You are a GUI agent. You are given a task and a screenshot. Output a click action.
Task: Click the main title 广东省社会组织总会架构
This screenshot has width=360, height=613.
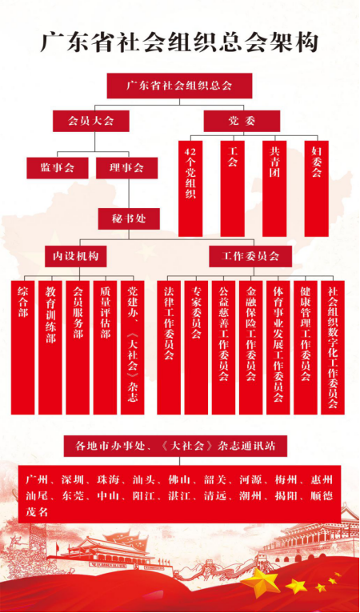(x=179, y=42)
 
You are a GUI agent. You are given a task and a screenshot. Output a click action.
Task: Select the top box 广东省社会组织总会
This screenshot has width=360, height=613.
(x=179, y=86)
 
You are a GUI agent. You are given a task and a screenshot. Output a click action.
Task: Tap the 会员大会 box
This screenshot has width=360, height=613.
(x=91, y=121)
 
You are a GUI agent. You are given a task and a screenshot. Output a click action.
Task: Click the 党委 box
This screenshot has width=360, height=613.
(x=242, y=121)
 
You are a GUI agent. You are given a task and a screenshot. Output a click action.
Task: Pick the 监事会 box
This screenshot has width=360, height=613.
(x=58, y=168)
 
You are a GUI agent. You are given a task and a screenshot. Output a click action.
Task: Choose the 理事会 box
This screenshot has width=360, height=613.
(x=127, y=168)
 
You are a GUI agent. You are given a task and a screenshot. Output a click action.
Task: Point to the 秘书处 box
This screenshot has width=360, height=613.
(x=129, y=218)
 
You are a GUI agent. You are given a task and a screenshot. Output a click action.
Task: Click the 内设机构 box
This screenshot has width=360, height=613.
(x=76, y=256)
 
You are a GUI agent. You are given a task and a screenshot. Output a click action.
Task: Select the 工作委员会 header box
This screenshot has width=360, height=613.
(x=250, y=256)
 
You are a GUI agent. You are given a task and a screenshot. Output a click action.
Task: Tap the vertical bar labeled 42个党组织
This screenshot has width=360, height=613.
(x=190, y=188)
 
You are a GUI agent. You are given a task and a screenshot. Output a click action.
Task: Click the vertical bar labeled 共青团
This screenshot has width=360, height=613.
(x=274, y=188)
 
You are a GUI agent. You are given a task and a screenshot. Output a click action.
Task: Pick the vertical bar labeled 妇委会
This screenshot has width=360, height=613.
(x=317, y=188)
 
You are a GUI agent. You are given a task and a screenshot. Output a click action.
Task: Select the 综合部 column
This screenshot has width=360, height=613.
(x=22, y=347)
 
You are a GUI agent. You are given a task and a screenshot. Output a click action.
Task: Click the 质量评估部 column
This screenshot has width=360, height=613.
(x=105, y=347)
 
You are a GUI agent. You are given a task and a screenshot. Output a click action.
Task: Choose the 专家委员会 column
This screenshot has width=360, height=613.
(x=196, y=347)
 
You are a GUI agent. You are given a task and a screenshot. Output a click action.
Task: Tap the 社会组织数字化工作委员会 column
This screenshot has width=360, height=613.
(x=333, y=347)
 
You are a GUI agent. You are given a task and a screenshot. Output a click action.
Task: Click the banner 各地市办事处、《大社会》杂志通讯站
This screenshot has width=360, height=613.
(x=175, y=446)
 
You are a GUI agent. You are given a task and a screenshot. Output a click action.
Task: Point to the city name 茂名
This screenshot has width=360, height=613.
(x=37, y=511)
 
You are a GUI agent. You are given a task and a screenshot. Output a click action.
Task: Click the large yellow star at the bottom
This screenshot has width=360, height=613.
(x=260, y=580)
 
